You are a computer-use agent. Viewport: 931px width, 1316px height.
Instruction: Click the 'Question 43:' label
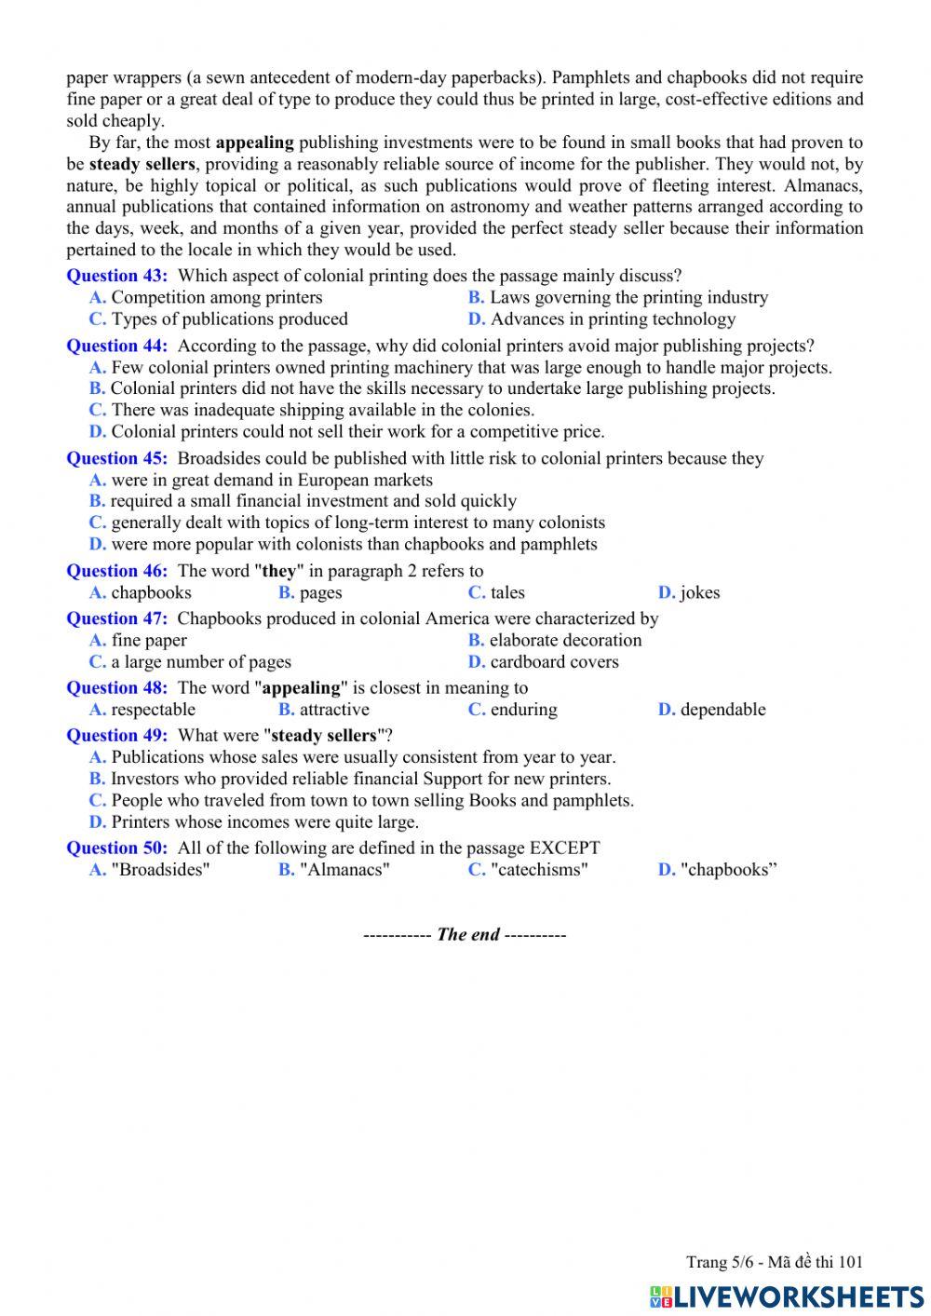(117, 276)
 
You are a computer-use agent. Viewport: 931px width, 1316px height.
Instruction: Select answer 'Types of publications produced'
(229, 319)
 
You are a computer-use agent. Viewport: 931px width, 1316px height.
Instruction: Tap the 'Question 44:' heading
(117, 346)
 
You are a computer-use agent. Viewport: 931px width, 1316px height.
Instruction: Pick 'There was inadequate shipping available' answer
(322, 411)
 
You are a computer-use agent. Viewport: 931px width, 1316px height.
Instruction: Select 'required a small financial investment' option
(313, 501)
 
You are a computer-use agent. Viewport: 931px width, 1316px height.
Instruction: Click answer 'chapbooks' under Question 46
(151, 593)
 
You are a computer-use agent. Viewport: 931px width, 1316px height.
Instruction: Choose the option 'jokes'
(699, 593)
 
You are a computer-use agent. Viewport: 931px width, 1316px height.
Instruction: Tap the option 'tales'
(507, 593)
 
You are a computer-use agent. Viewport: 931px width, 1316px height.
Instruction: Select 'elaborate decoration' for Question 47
(565, 641)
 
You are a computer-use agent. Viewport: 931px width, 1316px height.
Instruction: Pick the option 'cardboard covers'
(554, 662)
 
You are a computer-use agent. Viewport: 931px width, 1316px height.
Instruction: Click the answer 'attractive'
(334, 710)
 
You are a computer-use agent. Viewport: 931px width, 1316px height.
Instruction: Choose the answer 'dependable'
(722, 710)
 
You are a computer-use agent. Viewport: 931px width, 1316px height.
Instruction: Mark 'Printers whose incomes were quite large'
(264, 822)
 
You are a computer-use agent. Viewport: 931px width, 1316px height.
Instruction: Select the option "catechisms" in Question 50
(539, 870)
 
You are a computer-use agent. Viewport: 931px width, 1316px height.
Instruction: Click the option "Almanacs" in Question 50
(344, 870)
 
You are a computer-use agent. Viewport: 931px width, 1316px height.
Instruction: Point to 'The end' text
(467, 935)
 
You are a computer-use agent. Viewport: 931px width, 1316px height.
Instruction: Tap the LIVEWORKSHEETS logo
(787, 1296)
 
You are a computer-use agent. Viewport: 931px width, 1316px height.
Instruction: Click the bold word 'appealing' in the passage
(254, 143)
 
